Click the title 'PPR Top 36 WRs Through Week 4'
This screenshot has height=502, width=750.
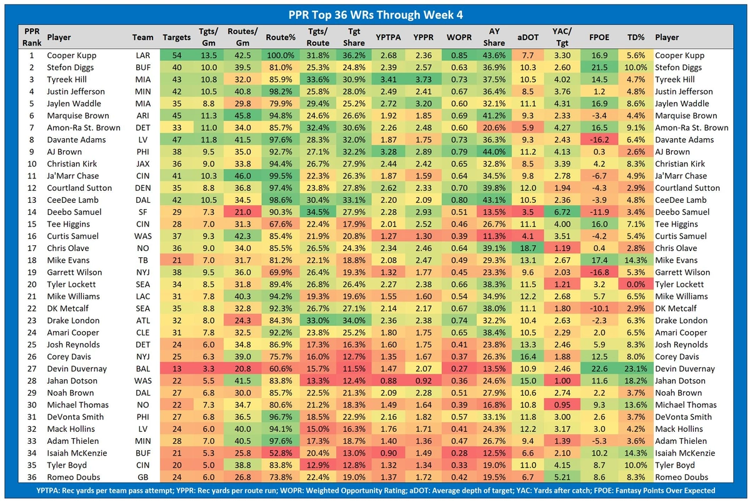pyautogui.click(x=374, y=14)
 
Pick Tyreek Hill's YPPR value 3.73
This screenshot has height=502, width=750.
pyautogui.click(x=424, y=79)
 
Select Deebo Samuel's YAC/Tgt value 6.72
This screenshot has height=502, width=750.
pyautogui.click(x=560, y=212)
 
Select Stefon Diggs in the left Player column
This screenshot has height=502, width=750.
pyautogui.click(x=69, y=68)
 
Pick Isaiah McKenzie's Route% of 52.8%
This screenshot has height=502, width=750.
pyautogui.click(x=280, y=453)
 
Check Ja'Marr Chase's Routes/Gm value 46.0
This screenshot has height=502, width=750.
pyautogui.click(x=241, y=177)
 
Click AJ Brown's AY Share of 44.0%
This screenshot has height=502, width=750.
pyautogui.click(x=493, y=152)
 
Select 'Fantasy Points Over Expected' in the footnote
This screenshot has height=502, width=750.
pyautogui.click(x=659, y=491)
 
